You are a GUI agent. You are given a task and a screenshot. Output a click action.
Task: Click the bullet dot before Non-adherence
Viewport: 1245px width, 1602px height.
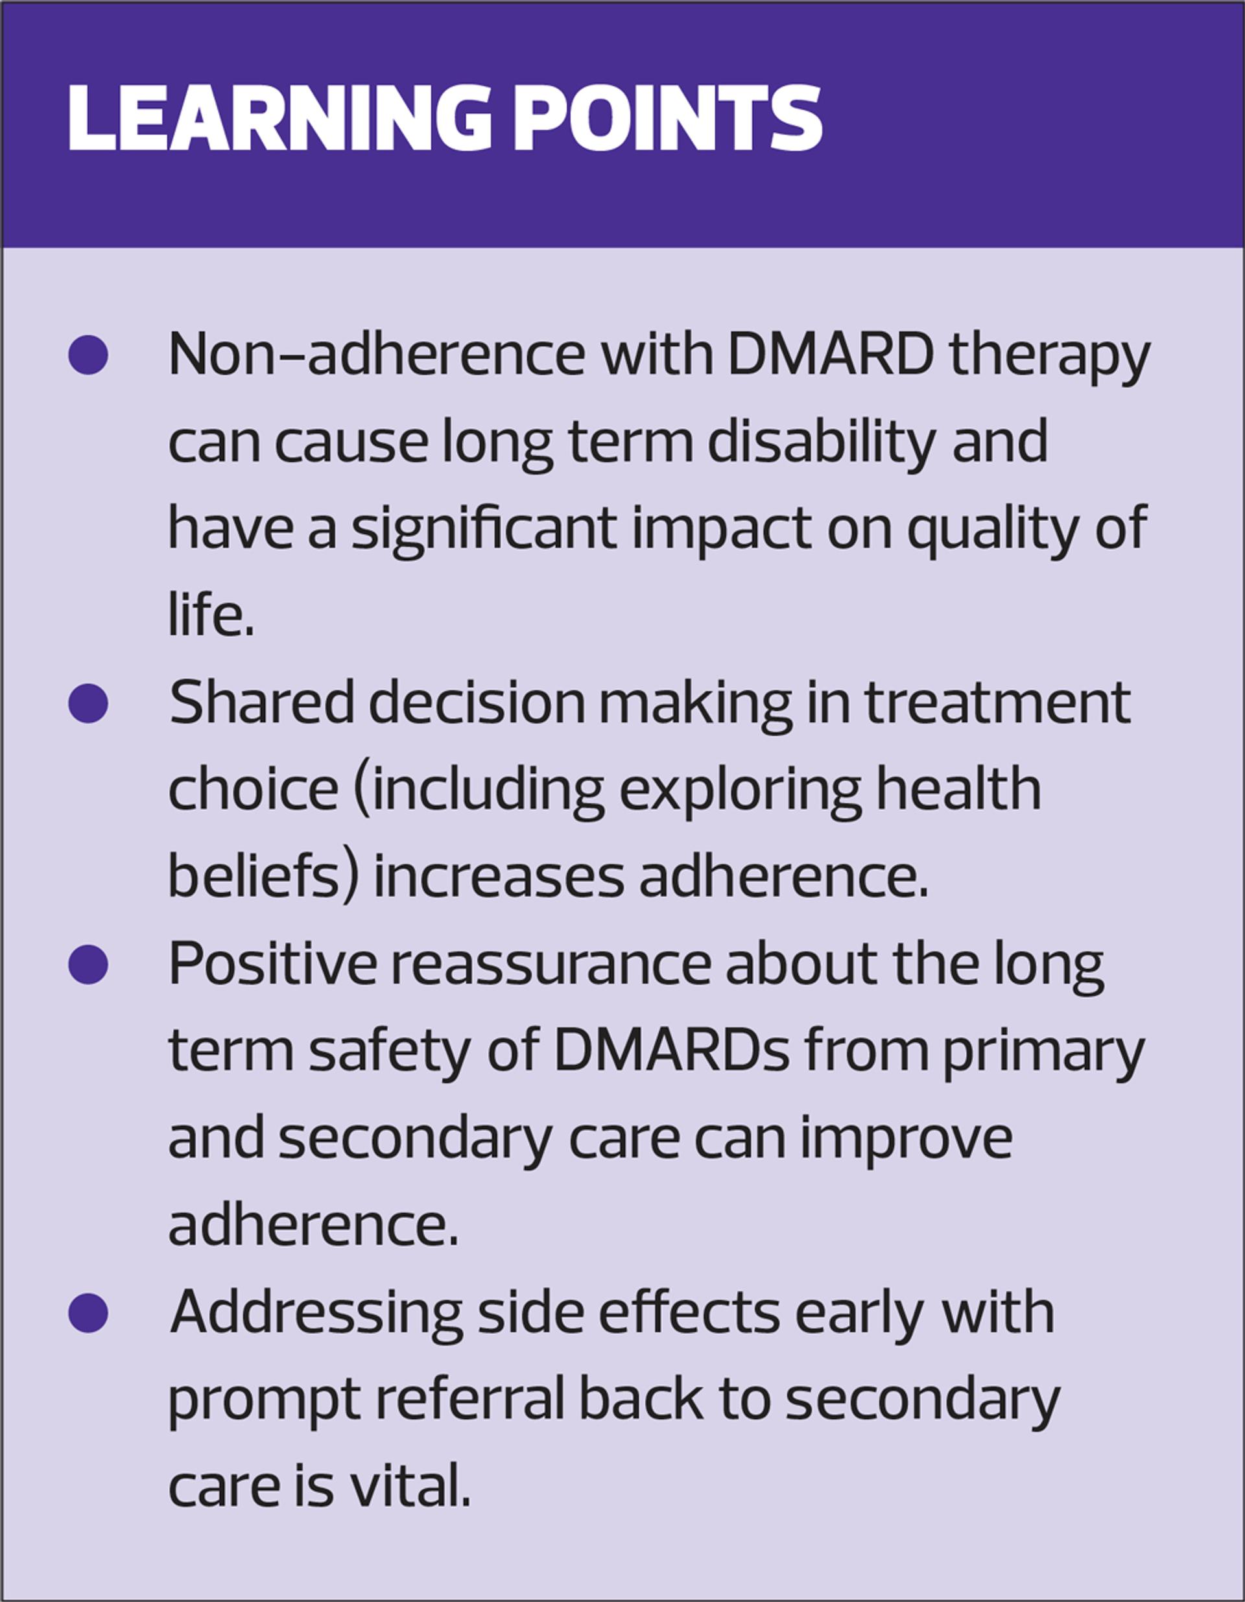click(88, 355)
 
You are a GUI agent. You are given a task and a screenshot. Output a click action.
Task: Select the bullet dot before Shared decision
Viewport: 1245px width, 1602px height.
click(88, 703)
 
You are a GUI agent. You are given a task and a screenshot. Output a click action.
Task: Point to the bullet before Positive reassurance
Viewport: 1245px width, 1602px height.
click(88, 965)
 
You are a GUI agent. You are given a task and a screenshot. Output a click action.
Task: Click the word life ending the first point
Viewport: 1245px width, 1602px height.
click(211, 615)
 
